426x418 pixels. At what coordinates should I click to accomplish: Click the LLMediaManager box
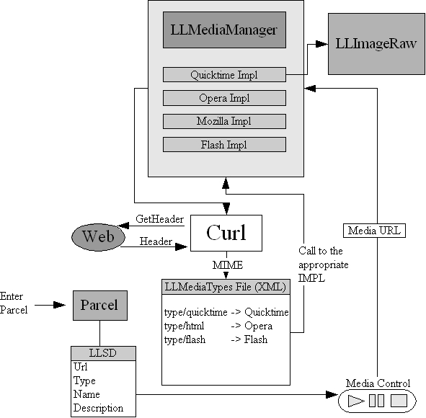point(224,30)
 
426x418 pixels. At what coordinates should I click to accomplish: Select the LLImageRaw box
point(376,44)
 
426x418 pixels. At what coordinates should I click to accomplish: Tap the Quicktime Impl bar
point(224,75)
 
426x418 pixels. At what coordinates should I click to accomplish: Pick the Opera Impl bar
point(224,98)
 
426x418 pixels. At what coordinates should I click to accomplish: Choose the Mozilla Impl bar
point(224,121)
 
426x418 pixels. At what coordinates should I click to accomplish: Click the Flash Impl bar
point(224,144)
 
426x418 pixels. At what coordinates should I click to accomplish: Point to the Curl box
point(226,233)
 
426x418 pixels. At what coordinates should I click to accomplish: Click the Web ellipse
point(98,237)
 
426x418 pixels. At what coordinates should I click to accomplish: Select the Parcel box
point(100,306)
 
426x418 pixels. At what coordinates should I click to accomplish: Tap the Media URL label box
point(374,231)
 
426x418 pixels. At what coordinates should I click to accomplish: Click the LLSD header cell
point(103,353)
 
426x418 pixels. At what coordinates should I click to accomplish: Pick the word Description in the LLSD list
point(98,408)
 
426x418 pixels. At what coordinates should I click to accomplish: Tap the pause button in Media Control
point(376,401)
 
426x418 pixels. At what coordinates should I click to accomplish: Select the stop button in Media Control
point(399,401)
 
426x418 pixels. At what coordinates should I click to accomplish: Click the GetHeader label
point(159,219)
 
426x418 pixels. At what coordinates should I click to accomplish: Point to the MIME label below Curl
point(228,264)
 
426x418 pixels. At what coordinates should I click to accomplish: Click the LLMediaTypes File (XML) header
point(226,287)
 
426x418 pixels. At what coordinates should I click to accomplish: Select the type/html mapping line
point(218,326)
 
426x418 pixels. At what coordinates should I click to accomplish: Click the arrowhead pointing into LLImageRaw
point(322,44)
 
